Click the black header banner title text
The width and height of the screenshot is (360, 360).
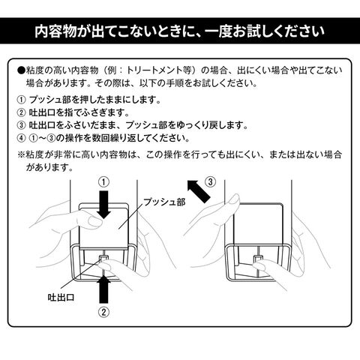tap(179, 31)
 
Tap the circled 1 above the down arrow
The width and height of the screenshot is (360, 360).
tap(104, 182)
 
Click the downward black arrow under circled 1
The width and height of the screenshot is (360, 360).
tap(104, 205)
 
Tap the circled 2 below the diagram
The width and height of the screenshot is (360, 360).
tap(103, 312)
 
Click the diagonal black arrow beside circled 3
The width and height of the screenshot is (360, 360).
tap(199, 191)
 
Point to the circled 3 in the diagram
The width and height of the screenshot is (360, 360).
tap(210, 182)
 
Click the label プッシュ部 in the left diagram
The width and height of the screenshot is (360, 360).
tap(164, 202)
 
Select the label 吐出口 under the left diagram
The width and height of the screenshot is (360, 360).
tap(61, 297)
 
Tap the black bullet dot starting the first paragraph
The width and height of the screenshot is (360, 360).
tap(21, 70)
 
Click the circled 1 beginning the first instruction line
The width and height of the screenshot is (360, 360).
tap(21, 100)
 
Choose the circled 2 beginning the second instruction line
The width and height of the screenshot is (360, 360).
tap(21, 112)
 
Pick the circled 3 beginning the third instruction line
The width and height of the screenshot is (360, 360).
tap(21, 125)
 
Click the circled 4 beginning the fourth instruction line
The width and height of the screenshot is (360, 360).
tap(21, 138)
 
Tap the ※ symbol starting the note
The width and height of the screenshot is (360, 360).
tap(21, 155)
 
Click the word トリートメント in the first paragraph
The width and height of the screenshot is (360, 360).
tap(154, 70)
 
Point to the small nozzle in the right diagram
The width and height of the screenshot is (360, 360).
tap(257, 258)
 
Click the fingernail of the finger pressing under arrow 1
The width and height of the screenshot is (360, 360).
tap(95, 221)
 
